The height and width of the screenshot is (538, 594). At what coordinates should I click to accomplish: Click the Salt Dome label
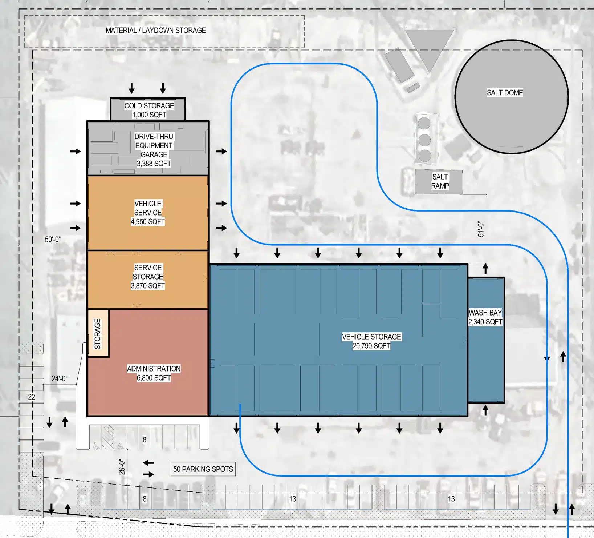[505, 93]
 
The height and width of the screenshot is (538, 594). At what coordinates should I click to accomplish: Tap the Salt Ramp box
[439, 181]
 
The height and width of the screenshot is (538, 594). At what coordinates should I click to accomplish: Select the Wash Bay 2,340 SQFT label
[485, 317]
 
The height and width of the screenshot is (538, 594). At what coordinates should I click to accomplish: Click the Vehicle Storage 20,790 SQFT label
[371, 341]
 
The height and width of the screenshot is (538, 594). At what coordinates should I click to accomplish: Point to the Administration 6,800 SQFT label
[154, 373]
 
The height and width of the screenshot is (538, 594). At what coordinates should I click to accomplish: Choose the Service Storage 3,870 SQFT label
[148, 277]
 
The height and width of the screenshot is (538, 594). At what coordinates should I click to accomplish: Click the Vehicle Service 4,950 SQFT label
[148, 213]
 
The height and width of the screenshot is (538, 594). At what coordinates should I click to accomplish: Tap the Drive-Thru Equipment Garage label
[154, 150]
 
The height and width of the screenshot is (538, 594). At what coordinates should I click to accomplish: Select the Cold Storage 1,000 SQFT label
[149, 110]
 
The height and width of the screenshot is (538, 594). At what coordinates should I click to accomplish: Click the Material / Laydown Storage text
[156, 30]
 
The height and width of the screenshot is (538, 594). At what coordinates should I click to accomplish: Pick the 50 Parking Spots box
[203, 469]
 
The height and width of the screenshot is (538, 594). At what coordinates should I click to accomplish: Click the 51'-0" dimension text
[481, 229]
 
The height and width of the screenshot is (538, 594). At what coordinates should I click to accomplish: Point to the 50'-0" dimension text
[53, 239]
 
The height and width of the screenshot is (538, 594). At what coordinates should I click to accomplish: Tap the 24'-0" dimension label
[60, 378]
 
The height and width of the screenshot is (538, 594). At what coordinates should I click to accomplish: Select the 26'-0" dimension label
[122, 467]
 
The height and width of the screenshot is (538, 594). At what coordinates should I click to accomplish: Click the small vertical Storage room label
[97, 334]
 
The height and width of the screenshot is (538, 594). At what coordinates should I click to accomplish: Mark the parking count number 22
[32, 397]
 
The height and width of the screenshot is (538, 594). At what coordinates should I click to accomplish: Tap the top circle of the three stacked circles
[424, 123]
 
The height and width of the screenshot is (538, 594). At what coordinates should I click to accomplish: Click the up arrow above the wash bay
[485, 269]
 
